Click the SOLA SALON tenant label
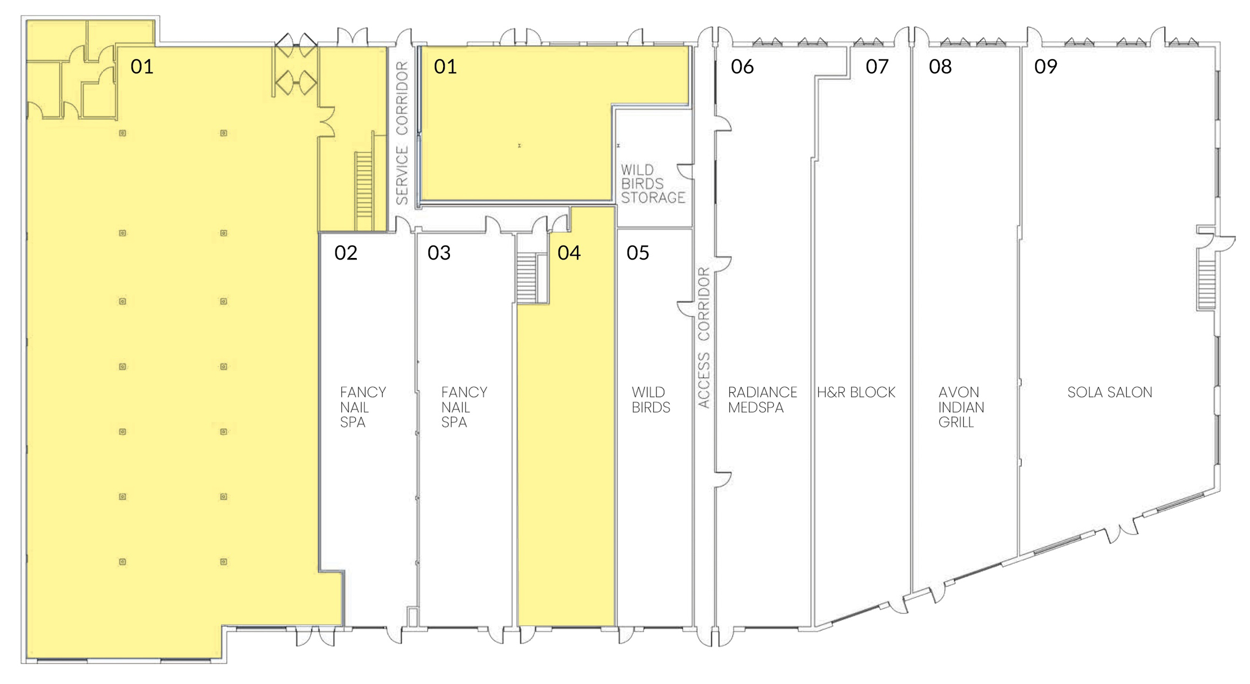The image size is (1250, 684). click(x=1109, y=392)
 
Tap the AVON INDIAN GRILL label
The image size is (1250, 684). click(x=961, y=407)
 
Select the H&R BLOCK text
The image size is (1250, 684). click(x=856, y=392)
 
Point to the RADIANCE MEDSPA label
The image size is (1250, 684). click(x=763, y=400)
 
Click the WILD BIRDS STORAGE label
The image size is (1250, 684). click(x=653, y=184)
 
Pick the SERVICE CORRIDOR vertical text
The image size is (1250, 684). click(x=402, y=133)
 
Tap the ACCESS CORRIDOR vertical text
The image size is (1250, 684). click(x=704, y=337)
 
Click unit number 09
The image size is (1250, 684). click(x=1046, y=66)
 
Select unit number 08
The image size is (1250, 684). click(x=940, y=66)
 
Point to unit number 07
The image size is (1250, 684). click(x=877, y=66)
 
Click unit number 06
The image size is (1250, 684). click(x=742, y=66)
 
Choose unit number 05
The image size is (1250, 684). click(x=638, y=253)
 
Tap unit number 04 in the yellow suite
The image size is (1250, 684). click(x=569, y=253)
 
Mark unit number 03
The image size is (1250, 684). click(x=439, y=253)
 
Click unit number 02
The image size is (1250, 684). click(x=346, y=253)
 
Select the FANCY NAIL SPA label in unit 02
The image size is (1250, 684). click(x=363, y=407)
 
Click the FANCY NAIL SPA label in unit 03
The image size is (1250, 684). click(x=464, y=407)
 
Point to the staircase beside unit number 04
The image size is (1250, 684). click(x=527, y=278)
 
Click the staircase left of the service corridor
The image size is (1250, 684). click(x=364, y=191)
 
